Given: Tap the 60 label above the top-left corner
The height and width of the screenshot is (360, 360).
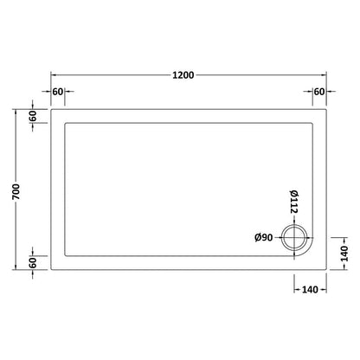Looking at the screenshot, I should pos(60,92).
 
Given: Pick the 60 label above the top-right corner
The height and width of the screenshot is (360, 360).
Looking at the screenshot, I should pos(319,92).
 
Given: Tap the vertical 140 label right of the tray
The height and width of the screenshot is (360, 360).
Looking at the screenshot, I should pos(344,254).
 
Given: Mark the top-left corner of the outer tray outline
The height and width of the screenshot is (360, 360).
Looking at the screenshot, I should pos(52,109).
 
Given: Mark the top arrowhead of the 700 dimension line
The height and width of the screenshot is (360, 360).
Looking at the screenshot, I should pos(18,112).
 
